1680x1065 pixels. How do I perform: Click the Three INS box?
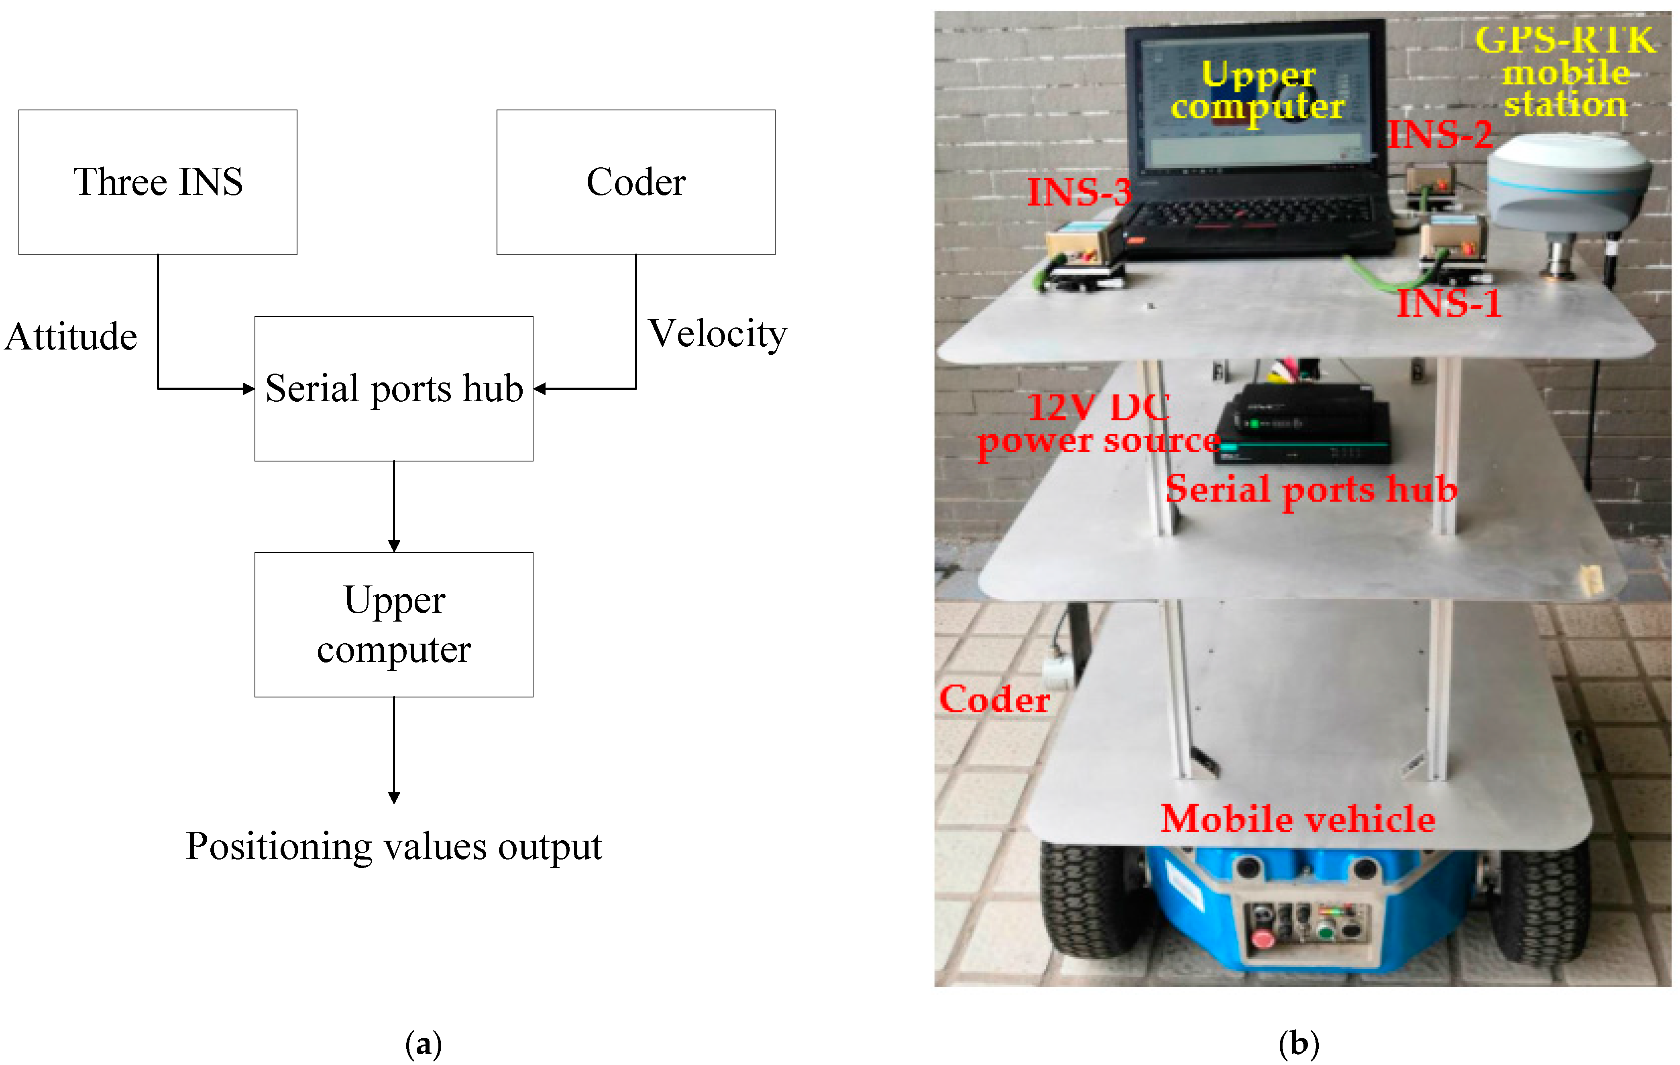(158, 182)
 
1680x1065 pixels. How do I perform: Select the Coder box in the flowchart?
(635, 182)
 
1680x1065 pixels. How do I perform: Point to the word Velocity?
(717, 334)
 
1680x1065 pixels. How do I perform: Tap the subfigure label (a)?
(424, 1044)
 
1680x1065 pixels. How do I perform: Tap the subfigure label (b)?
(1298, 1044)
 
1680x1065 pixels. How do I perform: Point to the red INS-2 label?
(1439, 134)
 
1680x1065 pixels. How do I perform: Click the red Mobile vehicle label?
(1298, 818)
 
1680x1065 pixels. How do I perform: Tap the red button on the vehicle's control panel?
(1263, 938)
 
